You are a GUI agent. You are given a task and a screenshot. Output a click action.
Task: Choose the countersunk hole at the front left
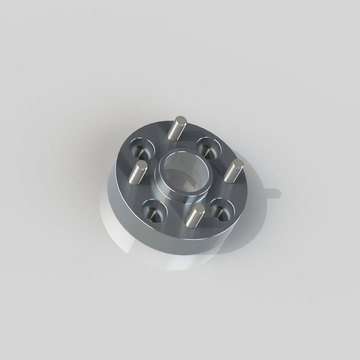point(154,211)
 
